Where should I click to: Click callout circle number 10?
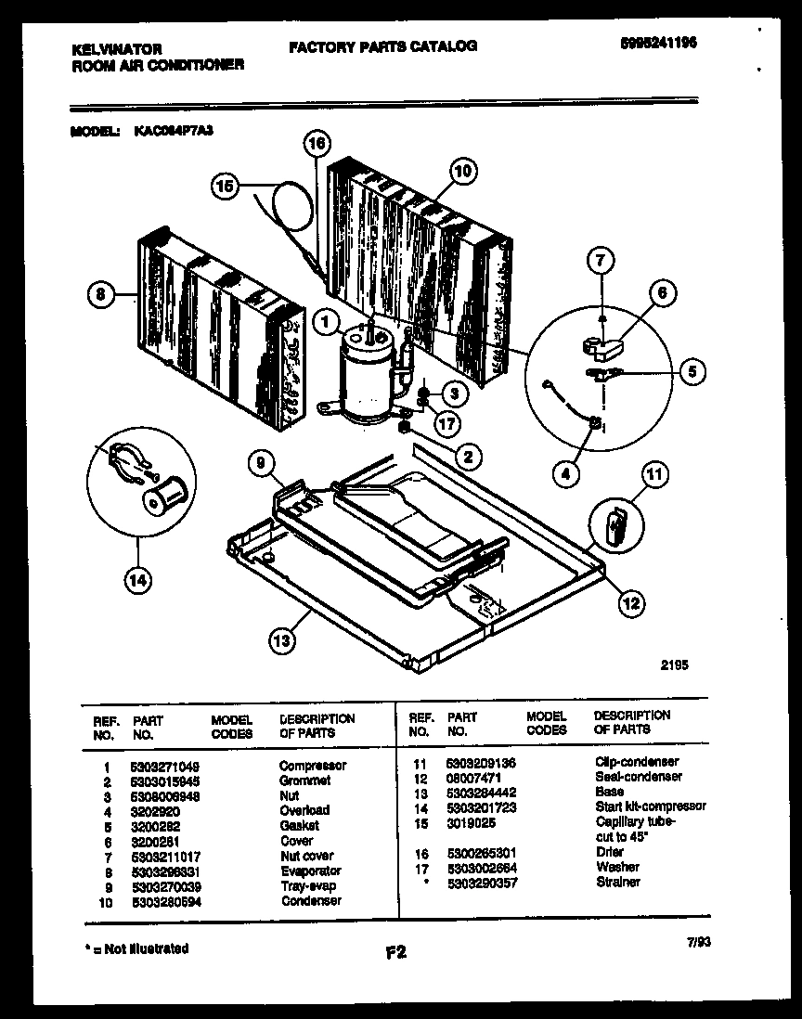pyautogui.click(x=463, y=171)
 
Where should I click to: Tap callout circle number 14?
pyautogui.click(x=136, y=582)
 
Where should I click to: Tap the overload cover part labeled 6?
pyautogui.click(x=602, y=347)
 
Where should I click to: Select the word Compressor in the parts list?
pyautogui.click(x=313, y=766)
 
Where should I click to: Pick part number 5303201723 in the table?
pyautogui.click(x=481, y=806)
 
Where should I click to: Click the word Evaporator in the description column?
pyautogui.click(x=310, y=871)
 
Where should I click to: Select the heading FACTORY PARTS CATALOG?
pyautogui.click(x=382, y=45)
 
